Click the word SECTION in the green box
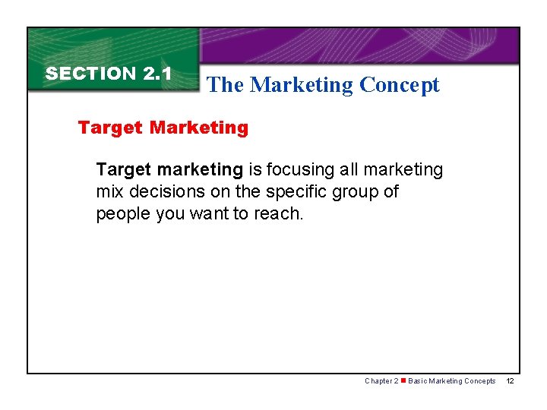(x=90, y=74)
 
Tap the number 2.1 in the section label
(x=157, y=74)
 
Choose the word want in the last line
(x=208, y=214)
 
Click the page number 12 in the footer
(x=510, y=381)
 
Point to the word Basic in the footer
(x=418, y=381)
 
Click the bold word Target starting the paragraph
(x=124, y=169)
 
